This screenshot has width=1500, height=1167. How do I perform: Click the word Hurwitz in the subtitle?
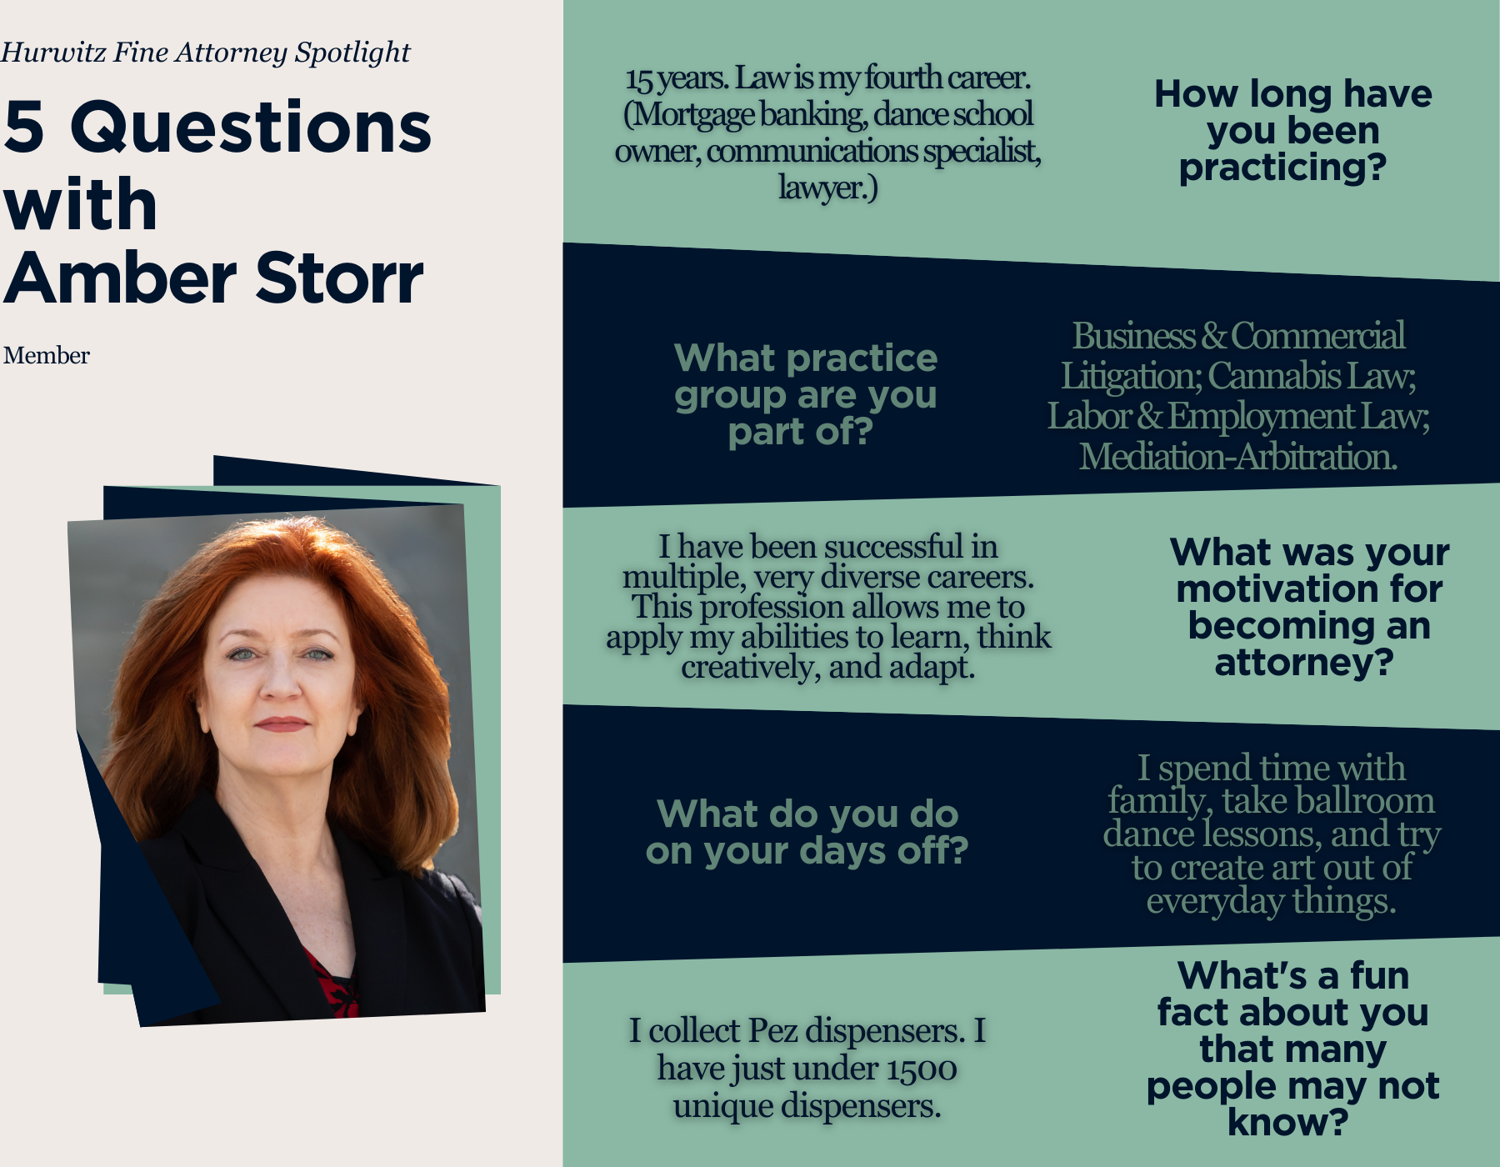54,53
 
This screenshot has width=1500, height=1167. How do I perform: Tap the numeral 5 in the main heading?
24,127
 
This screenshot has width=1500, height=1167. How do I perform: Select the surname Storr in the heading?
340,278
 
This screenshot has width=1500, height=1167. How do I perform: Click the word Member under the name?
47,356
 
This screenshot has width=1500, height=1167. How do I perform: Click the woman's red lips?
282,724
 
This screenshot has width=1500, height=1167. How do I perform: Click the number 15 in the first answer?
639,79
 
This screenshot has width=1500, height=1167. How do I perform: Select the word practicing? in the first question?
1283,168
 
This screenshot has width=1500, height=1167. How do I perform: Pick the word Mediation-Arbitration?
1238,457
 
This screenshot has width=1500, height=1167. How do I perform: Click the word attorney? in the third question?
1304,664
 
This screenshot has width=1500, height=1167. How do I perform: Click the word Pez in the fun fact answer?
773,1031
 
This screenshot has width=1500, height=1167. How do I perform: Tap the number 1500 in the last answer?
921,1069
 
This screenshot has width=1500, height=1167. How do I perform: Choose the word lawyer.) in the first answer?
828,188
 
